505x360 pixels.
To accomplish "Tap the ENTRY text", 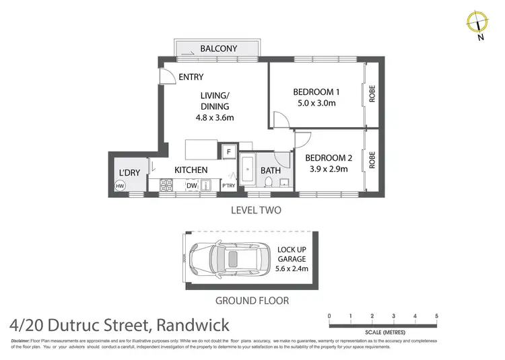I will point(191,77).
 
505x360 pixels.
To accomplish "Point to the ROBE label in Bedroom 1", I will point(371,93).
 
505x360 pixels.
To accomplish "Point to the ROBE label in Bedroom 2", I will point(371,159).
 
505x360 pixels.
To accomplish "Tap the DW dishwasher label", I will point(191,186).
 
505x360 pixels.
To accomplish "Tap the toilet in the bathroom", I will point(269,183).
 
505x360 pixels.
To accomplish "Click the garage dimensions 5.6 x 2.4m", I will point(292,269).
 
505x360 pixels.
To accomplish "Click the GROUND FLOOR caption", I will point(252,301).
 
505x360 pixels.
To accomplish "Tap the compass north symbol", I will point(477,23).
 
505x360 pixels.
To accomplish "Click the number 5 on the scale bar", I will point(437,316).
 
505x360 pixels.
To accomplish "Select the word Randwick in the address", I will point(192,326).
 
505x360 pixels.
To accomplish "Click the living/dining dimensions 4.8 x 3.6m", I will point(215,117).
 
